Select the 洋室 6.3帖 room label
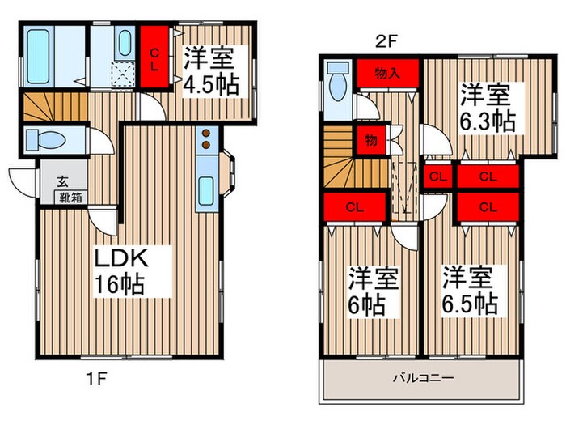[x=487, y=108]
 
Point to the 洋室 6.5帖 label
[x=468, y=291]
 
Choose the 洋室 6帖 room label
[x=373, y=291]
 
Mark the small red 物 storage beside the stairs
[x=370, y=139]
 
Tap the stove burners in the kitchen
[x=205, y=139]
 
